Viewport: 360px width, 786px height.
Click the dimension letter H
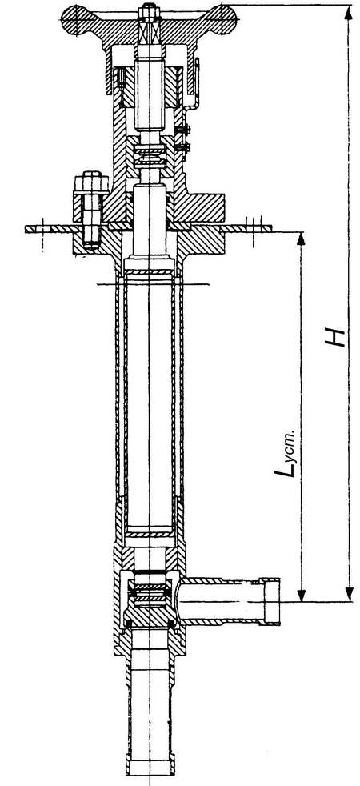(x=335, y=337)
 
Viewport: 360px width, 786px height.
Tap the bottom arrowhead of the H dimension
(x=349, y=594)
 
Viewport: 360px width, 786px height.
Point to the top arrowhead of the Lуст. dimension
(x=301, y=239)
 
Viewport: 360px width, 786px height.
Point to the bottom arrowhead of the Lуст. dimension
(x=301, y=594)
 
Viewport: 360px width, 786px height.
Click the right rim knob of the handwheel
(x=223, y=19)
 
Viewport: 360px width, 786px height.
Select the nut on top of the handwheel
(x=148, y=10)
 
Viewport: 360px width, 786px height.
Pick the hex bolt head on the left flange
(x=90, y=182)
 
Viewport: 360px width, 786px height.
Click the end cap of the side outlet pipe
(x=270, y=601)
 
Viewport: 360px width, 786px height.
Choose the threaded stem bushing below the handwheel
(x=150, y=87)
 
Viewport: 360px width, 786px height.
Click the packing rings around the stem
(x=150, y=156)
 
